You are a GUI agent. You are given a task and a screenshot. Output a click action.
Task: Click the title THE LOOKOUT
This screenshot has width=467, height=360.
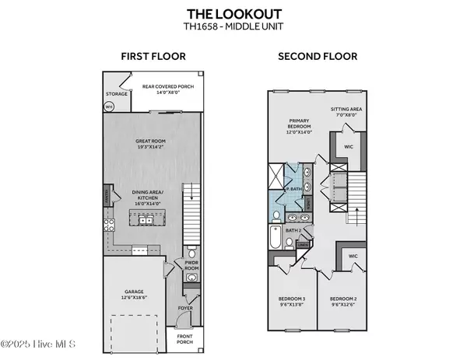[x=233, y=13]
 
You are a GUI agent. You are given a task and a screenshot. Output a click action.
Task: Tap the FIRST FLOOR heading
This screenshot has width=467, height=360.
[x=152, y=56]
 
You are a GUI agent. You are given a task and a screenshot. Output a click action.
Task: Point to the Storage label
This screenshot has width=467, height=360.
[x=117, y=94]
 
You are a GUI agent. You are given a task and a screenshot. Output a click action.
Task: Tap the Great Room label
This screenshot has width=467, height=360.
[x=152, y=143]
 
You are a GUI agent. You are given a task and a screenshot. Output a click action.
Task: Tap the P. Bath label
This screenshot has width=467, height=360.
[x=293, y=188]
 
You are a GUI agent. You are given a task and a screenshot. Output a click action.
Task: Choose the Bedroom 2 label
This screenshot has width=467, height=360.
[x=342, y=302]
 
